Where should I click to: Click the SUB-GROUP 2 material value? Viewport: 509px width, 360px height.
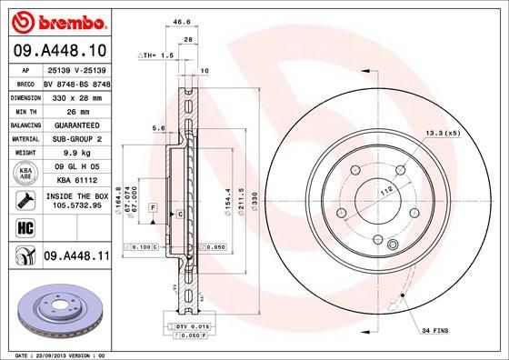coord(72,138)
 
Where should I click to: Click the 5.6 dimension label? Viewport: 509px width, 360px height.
coord(158,129)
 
